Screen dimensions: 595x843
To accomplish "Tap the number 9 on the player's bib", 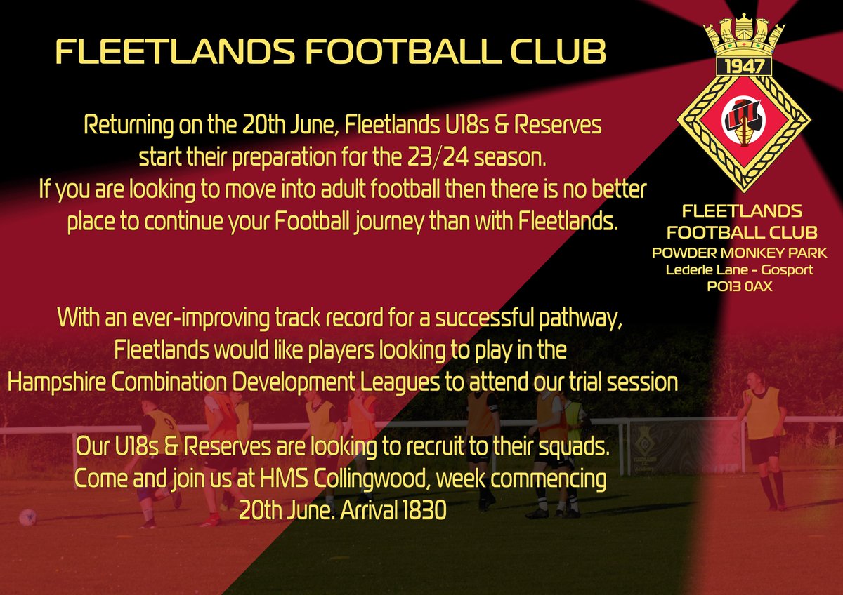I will click(x=168, y=424).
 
